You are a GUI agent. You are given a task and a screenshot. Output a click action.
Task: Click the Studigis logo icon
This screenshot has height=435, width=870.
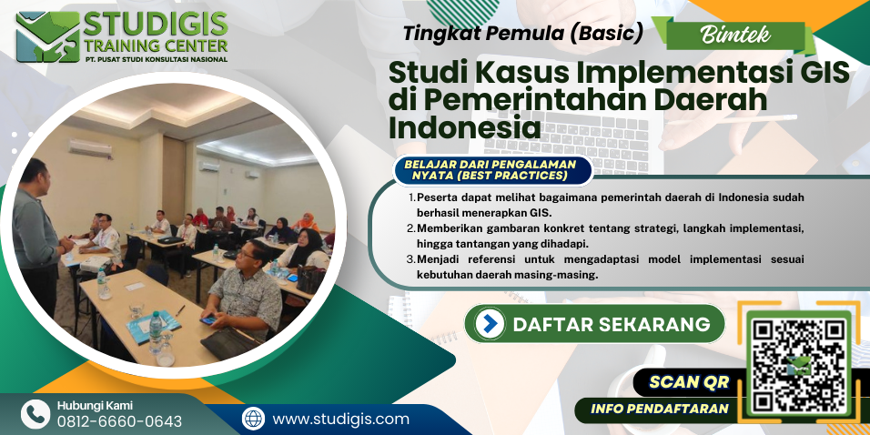[48, 36]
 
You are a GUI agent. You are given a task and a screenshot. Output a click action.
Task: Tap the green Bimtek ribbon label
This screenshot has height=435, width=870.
[735, 35]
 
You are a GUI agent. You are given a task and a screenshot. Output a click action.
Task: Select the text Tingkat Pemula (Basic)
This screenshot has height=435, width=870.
[522, 34]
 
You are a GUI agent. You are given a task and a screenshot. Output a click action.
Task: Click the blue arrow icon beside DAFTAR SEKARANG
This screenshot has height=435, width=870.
[490, 323]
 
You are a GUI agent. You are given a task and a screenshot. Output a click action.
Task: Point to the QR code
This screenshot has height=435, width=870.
[799, 365]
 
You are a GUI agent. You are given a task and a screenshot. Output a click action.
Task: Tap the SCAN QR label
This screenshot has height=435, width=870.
[689, 381]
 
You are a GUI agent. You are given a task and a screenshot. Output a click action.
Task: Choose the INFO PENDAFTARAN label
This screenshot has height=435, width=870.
[659, 410]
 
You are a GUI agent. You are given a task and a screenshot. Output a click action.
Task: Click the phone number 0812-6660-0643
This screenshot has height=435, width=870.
[119, 420]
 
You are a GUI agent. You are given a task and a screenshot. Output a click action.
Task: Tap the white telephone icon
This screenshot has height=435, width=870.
[35, 414]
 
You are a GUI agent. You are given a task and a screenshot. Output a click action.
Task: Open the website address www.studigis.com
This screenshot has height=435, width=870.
[340, 419]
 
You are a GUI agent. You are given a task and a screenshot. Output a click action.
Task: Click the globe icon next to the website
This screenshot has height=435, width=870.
[254, 419]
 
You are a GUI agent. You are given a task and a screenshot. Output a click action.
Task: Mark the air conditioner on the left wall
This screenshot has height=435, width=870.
[90, 148]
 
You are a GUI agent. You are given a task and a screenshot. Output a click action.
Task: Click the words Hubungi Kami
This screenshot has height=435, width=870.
[95, 405]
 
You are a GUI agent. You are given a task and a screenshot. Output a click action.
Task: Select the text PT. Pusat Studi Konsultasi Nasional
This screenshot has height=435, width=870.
[156, 59]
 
